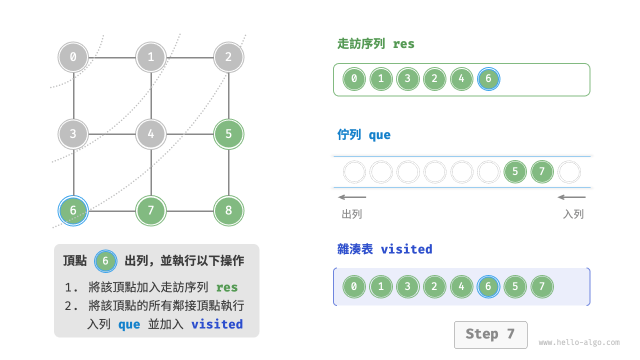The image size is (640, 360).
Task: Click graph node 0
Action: (x=73, y=57)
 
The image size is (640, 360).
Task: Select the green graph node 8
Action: (x=228, y=210)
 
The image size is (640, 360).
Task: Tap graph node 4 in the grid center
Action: (x=151, y=134)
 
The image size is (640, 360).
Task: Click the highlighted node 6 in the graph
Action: (x=73, y=210)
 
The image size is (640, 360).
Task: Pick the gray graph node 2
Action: (x=228, y=57)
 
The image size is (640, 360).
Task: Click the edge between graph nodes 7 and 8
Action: (x=190, y=210)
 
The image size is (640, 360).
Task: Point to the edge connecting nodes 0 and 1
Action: (x=112, y=57)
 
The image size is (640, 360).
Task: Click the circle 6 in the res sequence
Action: (x=488, y=79)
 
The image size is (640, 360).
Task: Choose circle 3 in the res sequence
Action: (x=408, y=79)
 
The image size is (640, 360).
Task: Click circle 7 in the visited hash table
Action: (x=542, y=287)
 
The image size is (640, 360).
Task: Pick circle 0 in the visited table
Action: (x=354, y=287)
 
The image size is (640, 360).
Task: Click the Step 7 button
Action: (x=490, y=334)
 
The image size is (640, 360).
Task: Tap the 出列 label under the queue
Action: (x=352, y=214)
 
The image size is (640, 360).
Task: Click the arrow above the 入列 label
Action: (x=571, y=197)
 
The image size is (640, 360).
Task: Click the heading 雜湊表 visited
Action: (x=384, y=249)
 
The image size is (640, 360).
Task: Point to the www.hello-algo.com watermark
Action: (x=579, y=342)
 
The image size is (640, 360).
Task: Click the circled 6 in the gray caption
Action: (x=105, y=261)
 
